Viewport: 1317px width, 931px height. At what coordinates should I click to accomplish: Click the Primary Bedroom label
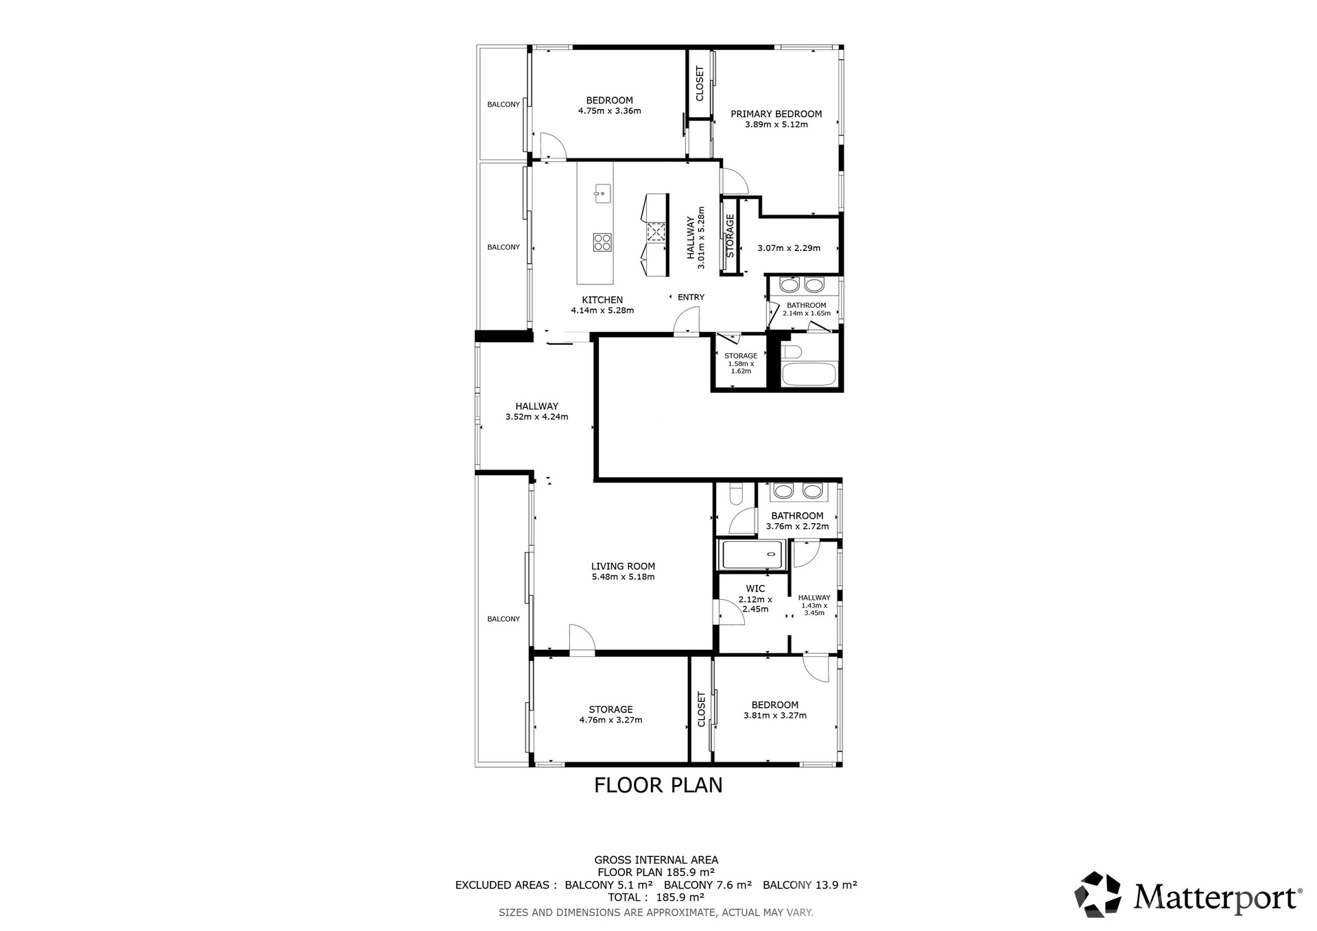point(776,114)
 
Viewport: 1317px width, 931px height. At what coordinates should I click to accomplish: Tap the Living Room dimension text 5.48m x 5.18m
point(623,577)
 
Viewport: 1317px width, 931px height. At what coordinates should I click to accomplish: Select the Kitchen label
point(602,300)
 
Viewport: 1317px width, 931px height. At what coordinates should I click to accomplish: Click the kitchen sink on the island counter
point(603,193)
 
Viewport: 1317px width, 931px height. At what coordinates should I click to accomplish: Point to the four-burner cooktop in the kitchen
point(603,242)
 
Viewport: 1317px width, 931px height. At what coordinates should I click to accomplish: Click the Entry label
point(691,297)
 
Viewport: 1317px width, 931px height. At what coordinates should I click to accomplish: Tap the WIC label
point(755,588)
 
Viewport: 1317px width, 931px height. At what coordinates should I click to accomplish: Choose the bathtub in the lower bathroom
point(752,555)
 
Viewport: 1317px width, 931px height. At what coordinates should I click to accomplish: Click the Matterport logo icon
point(1098,894)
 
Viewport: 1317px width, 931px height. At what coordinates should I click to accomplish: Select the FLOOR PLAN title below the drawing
point(658,785)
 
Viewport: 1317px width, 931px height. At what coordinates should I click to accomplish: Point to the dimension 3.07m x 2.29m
point(789,248)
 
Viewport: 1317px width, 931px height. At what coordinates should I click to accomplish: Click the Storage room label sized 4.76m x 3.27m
point(610,710)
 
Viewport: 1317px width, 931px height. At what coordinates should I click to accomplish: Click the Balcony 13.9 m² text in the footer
point(810,885)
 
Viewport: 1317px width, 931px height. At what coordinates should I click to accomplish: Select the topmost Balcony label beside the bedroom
point(503,104)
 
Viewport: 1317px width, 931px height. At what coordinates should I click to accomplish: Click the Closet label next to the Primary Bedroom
point(700,83)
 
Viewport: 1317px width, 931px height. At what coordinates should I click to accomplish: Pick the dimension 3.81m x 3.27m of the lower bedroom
point(775,716)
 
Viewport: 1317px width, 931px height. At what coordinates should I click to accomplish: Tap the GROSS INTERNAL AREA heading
point(656,860)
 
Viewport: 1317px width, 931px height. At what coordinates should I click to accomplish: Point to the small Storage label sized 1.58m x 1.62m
point(741,356)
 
